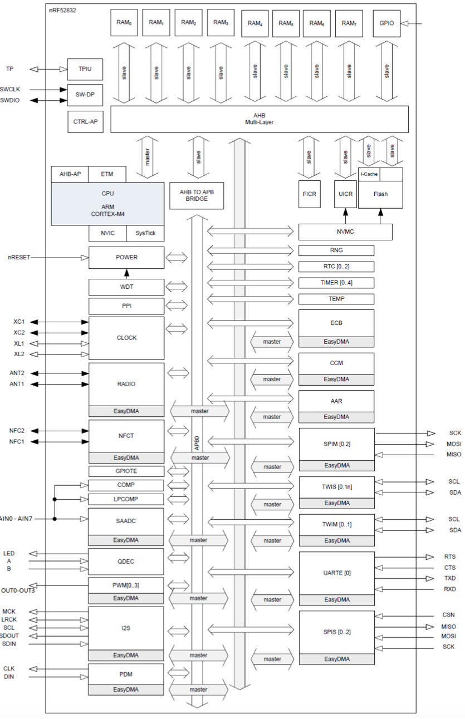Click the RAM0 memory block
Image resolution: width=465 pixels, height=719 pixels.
pyautogui.click(x=124, y=22)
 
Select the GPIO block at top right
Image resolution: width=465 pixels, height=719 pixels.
pyautogui.click(x=386, y=23)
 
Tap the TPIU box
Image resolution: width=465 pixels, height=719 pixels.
pyautogui.click(x=85, y=69)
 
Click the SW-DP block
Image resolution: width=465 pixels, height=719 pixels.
pyautogui.click(x=85, y=95)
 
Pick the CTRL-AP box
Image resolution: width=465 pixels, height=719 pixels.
pyautogui.click(x=85, y=122)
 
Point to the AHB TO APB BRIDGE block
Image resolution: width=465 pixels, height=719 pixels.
pyautogui.click(x=197, y=195)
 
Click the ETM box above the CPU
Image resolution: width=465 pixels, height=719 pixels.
pyautogui.click(x=107, y=174)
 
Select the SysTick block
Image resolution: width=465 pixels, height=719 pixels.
pyautogui.click(x=145, y=233)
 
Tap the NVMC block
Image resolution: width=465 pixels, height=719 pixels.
pyautogui.click(x=345, y=232)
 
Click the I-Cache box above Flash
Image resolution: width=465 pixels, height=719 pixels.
pyautogui.click(x=369, y=174)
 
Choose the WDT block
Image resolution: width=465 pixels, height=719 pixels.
pyautogui.click(x=126, y=287)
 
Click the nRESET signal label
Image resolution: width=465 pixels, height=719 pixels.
pyautogui.click(x=19, y=258)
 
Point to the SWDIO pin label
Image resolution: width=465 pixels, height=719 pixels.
pyautogui.click(x=9, y=101)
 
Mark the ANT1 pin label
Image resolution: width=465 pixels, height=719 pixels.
pyautogui.click(x=17, y=384)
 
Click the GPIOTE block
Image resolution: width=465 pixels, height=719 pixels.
pyautogui.click(x=126, y=471)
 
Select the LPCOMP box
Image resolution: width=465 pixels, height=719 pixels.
pyautogui.click(x=126, y=499)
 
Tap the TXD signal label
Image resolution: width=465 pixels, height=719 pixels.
pyautogui.click(x=450, y=578)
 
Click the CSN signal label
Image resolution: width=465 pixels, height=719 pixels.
pyautogui.click(x=448, y=615)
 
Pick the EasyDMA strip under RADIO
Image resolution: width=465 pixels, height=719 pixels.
pyautogui.click(x=126, y=411)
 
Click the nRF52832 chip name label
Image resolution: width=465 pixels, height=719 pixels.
pyautogui.click(x=62, y=10)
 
